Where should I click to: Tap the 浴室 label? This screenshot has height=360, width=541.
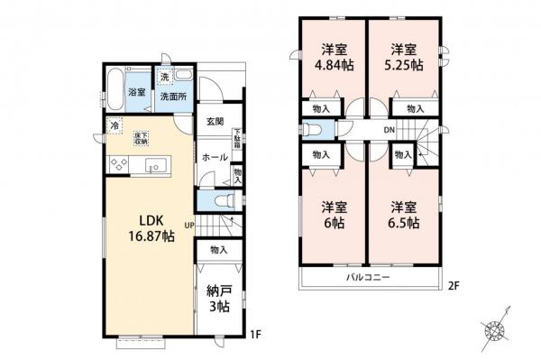point(137,93)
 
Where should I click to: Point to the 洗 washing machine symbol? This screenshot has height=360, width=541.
point(164,77)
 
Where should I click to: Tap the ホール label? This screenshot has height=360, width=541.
point(215,156)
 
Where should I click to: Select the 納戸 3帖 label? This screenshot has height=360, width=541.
point(217,300)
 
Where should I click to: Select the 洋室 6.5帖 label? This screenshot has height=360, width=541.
point(402,215)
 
